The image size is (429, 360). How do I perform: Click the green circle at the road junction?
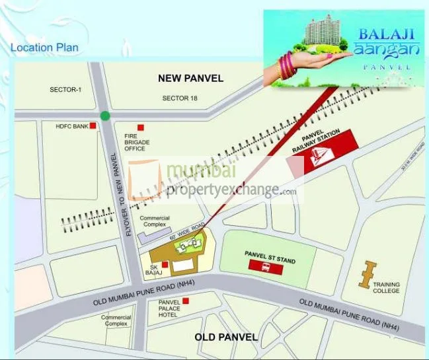point(105,116)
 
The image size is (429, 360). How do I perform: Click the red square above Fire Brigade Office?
point(140,127)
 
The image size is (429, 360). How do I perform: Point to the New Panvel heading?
point(190,79)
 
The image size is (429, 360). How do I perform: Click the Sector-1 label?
point(64,89)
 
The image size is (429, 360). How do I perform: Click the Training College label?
point(386,289)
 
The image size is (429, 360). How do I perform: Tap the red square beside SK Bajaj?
point(165,264)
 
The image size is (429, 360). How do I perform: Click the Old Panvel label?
point(226,337)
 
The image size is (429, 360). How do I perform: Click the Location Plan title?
point(44,48)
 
